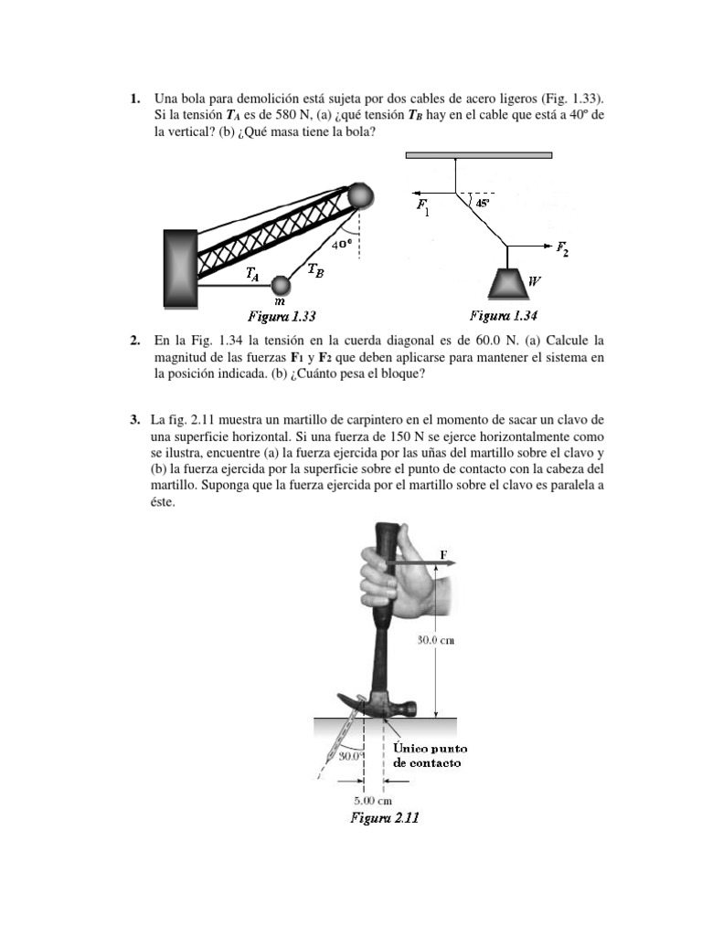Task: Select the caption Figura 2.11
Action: pos(385,818)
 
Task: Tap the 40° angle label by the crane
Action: pos(342,244)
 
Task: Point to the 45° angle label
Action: pos(484,204)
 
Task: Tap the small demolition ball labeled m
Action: pos(281,285)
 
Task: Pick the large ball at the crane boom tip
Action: pos(360,195)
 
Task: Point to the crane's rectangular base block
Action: pos(181,268)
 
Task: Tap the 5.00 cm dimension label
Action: pos(374,800)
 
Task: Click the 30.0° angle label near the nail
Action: pos(350,755)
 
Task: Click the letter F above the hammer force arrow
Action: pos(444,553)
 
